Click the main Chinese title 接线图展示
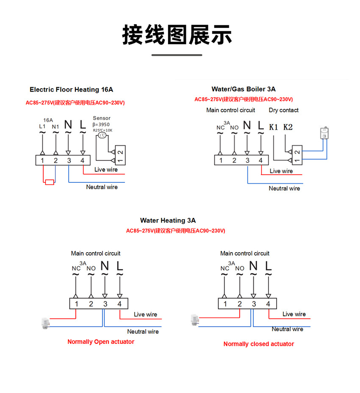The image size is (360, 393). (177, 35)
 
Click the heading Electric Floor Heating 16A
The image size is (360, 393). (71, 89)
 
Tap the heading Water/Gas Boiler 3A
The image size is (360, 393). (244, 89)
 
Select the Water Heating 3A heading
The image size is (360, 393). (168, 220)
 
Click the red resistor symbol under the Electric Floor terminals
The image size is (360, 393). (50, 182)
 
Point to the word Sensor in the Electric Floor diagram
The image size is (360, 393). (101, 118)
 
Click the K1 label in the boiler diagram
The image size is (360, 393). (274, 127)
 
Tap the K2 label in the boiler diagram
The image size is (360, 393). (288, 127)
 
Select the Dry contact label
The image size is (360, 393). (283, 110)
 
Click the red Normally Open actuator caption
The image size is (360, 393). (101, 342)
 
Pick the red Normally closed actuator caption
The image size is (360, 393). (258, 344)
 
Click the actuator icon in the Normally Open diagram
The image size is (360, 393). (44, 323)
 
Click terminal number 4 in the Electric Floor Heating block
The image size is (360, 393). (82, 161)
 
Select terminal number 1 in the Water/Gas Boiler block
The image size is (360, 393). (221, 160)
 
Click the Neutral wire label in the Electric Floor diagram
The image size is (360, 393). (102, 187)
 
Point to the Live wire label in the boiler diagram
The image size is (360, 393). (281, 171)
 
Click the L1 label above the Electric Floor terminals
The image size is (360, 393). (42, 127)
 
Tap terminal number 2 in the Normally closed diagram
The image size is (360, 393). (239, 304)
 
